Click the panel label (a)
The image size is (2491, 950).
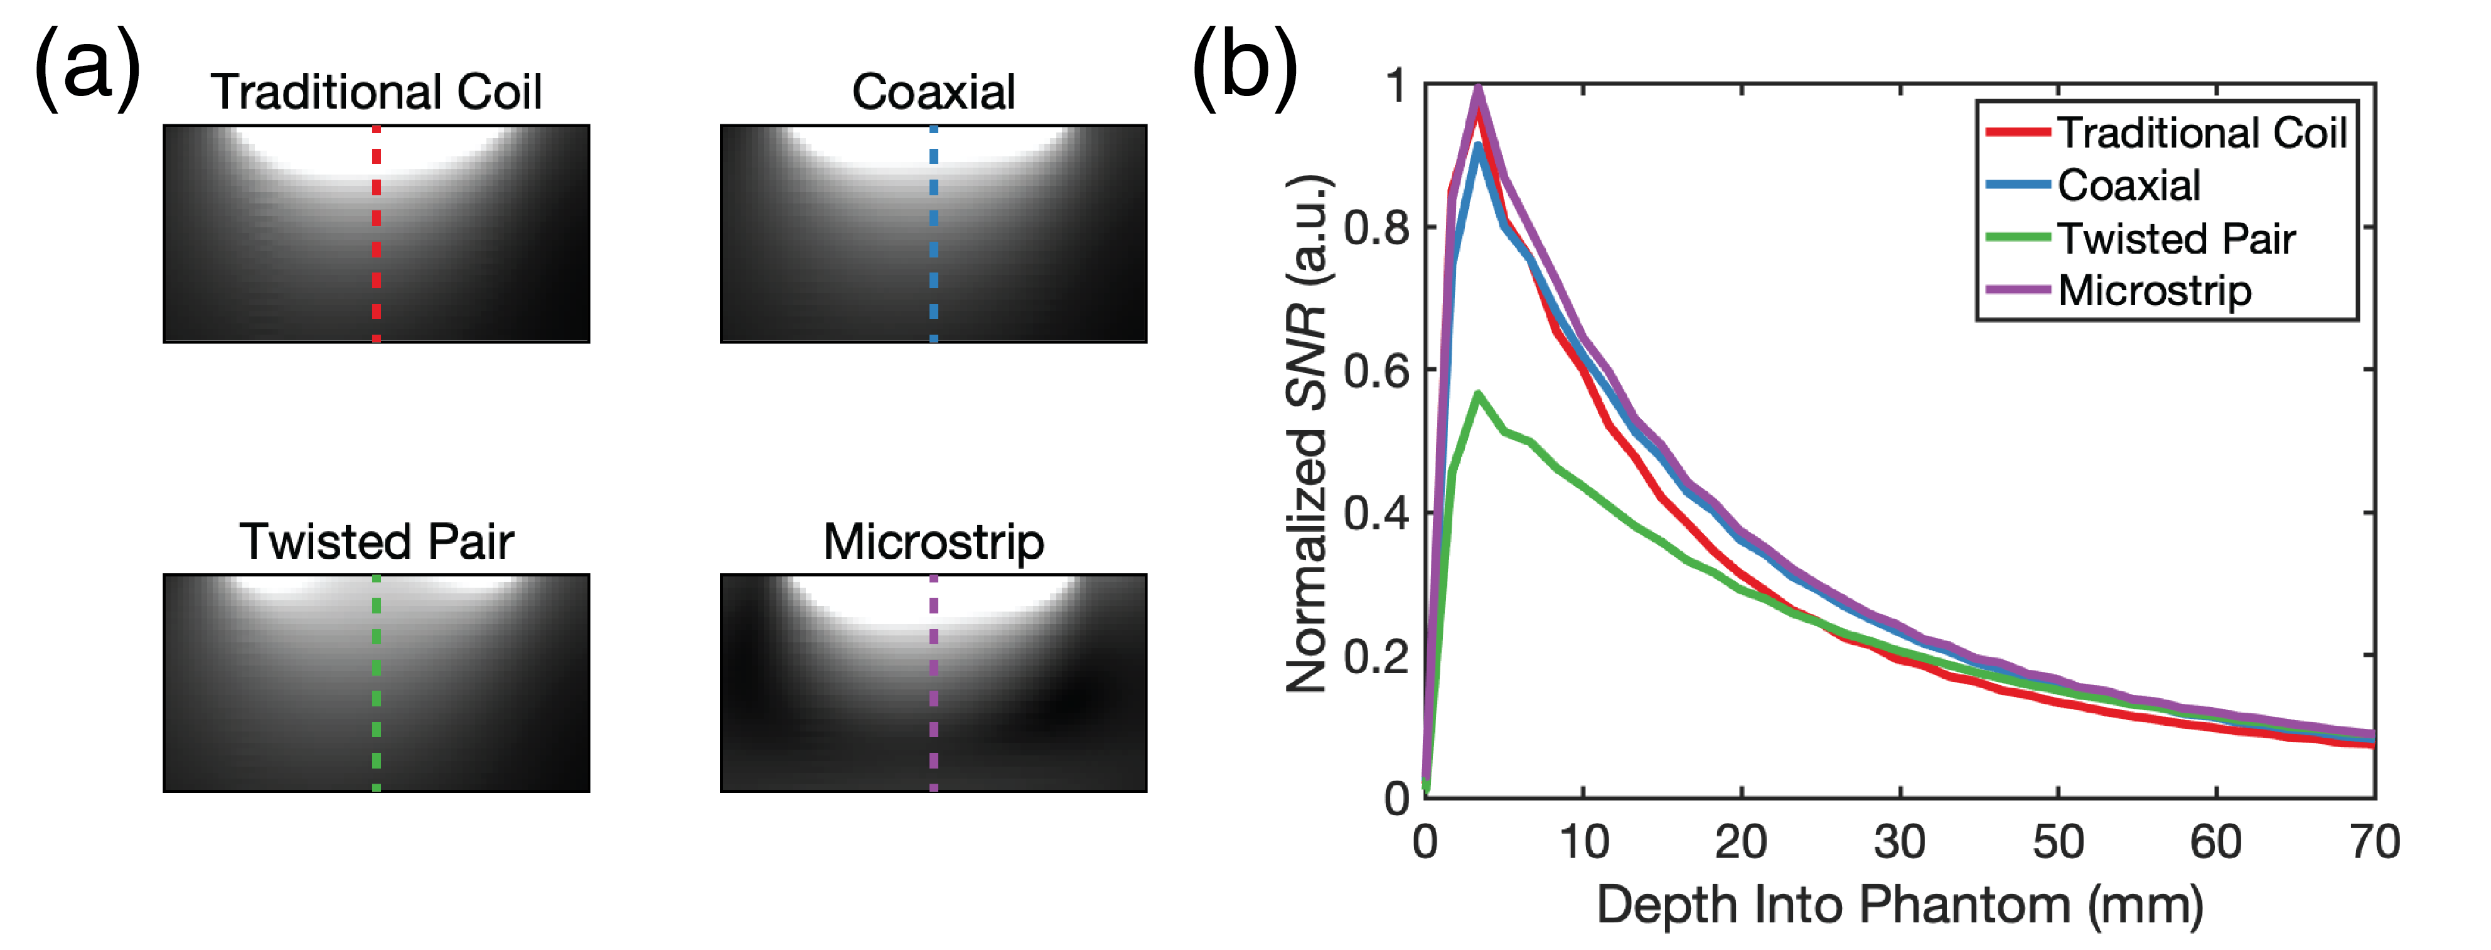click(87, 66)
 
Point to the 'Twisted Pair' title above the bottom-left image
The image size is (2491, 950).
click(376, 542)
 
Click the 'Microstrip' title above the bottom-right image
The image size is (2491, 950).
click(933, 542)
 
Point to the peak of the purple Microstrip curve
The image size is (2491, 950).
click(1477, 89)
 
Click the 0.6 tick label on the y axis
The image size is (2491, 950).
click(1376, 370)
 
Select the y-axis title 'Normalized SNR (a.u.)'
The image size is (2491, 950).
click(1307, 435)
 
